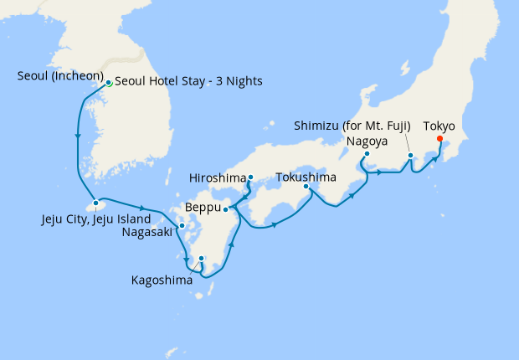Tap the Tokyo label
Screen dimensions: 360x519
click(x=439, y=126)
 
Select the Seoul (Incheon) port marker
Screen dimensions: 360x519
click(x=109, y=83)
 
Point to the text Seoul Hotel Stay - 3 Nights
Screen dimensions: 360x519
click(x=188, y=81)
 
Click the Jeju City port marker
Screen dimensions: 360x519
click(x=96, y=203)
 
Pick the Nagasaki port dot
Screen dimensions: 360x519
click(x=182, y=226)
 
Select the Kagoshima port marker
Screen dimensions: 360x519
click(x=201, y=259)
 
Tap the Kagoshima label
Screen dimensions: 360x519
click(x=162, y=280)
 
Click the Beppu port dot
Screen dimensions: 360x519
click(x=226, y=208)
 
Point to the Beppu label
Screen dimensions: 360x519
click(x=203, y=207)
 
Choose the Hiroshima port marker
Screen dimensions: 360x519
click(x=250, y=177)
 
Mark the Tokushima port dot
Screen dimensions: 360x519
click(x=306, y=187)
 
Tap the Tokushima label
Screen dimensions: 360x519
click(x=306, y=177)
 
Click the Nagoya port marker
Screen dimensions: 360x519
click(x=367, y=154)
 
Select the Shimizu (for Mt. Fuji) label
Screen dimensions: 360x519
click(x=352, y=126)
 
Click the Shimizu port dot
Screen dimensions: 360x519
click(x=410, y=156)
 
